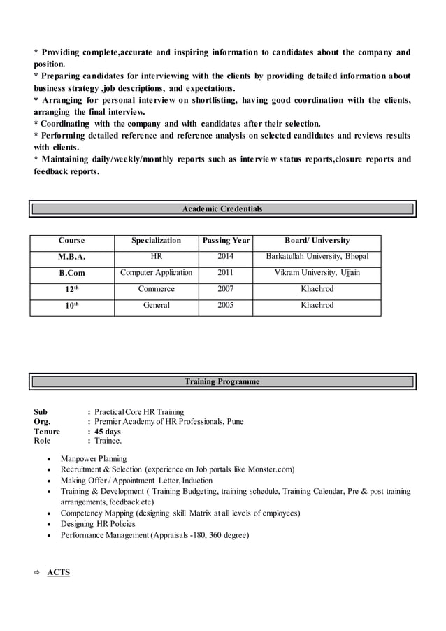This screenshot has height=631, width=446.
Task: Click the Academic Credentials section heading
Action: point(222,208)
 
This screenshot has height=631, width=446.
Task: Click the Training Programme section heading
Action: point(222,381)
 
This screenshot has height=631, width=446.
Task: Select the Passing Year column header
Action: point(225,241)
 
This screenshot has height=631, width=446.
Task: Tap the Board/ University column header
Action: point(317,241)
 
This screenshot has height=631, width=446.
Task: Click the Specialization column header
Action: point(156,241)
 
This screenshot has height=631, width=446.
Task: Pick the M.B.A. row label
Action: point(71,257)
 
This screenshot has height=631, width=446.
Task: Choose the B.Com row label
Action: point(71,273)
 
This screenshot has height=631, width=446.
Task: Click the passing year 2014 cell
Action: point(225,257)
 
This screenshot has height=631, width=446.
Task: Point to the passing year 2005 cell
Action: point(225,305)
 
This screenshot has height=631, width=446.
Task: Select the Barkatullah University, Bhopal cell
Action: point(317,257)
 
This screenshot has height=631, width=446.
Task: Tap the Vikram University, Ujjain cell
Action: point(317,273)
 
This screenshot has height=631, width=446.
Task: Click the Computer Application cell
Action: point(156,273)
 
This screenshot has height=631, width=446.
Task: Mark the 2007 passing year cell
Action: point(225,289)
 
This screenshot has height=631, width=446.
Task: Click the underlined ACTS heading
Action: point(59,572)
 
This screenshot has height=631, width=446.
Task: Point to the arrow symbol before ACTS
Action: point(38,572)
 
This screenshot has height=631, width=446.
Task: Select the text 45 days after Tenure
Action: point(108,432)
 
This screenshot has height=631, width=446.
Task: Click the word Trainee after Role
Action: point(108,441)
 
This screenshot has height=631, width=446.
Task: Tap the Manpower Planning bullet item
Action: point(94,459)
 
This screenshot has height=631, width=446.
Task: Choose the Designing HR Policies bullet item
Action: point(98,524)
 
